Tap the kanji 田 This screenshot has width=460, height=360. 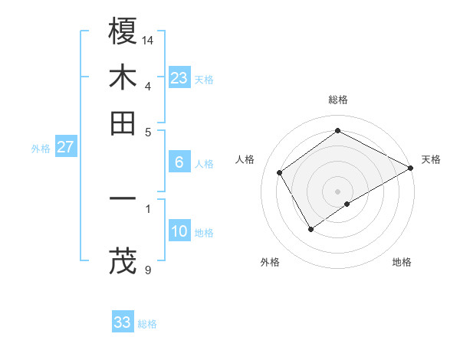click(x=123, y=123)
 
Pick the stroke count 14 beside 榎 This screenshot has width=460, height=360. click(x=148, y=39)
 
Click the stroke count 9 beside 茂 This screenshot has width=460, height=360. click(x=148, y=269)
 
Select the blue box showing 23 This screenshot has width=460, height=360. click(x=179, y=78)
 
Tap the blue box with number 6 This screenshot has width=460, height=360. click(x=179, y=162)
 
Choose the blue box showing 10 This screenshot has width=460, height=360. click(x=179, y=231)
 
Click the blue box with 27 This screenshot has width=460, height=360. click(x=65, y=147)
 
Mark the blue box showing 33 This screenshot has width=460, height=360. click(x=123, y=322)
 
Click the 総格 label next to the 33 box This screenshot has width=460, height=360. click(x=147, y=324)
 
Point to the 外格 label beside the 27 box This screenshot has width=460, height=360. click(x=41, y=149)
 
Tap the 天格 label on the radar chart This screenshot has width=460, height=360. click(x=431, y=159)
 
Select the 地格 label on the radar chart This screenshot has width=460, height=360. click(x=402, y=262)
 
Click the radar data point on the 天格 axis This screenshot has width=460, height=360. click(x=411, y=168)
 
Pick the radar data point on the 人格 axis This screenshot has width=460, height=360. click(x=280, y=172)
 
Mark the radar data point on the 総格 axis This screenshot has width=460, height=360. click(x=337, y=130)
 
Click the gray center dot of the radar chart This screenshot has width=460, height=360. click(x=337, y=191)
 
